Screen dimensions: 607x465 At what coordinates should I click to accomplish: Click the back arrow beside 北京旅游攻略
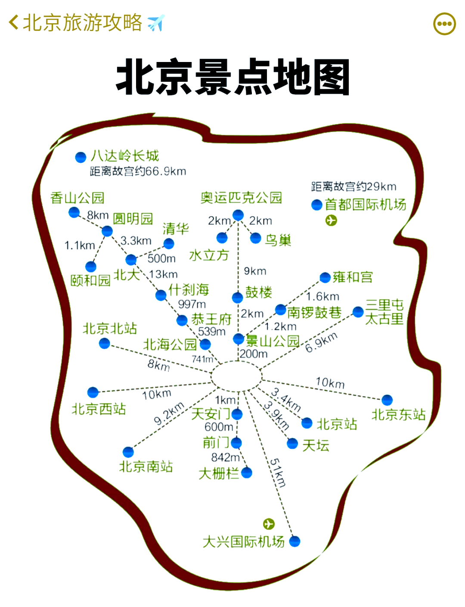click(x=14, y=22)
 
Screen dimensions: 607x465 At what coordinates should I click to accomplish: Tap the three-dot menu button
click(x=444, y=24)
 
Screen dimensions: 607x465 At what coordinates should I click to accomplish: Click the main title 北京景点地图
click(x=232, y=77)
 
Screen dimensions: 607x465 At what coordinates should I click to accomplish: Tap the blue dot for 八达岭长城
click(x=81, y=158)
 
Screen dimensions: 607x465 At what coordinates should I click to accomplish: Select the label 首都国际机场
click(x=366, y=204)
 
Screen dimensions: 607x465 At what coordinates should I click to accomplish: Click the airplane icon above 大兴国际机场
click(x=269, y=524)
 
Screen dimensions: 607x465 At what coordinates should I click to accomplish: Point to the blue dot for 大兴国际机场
click(x=295, y=542)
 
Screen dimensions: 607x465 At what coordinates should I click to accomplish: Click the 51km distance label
click(x=278, y=473)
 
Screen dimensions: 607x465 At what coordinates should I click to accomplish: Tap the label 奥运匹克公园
click(x=241, y=198)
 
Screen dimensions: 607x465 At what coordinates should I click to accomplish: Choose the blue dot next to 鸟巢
click(x=256, y=238)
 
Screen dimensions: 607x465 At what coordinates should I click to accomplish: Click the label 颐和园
click(x=90, y=281)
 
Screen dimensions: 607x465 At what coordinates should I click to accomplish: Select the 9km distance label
click(x=255, y=271)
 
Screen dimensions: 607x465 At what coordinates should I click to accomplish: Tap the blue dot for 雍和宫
click(x=325, y=278)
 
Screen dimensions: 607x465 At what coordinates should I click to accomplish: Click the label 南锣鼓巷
click(x=314, y=312)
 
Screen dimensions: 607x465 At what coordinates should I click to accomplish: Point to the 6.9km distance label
click(x=321, y=343)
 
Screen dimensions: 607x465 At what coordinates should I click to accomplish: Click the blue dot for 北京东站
click(x=387, y=400)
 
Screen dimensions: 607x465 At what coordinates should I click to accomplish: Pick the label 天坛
click(x=316, y=445)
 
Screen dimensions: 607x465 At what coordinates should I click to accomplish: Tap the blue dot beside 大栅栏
click(x=247, y=473)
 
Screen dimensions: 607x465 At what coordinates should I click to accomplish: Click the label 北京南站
click(x=146, y=467)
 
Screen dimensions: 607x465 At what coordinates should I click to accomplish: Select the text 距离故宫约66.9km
click(x=138, y=171)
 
